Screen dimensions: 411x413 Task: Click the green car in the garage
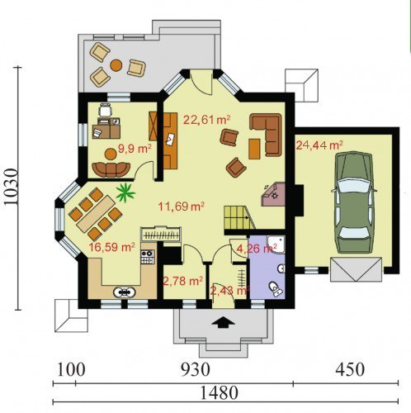[354, 202]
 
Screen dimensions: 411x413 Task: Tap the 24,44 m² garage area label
[319, 145]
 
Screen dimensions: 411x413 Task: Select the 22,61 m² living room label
[206, 120]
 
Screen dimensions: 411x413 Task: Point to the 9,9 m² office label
[135, 149]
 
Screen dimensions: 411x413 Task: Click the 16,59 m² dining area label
[111, 247]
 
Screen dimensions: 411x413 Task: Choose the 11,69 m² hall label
[182, 206]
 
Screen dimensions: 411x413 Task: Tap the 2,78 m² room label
[183, 281]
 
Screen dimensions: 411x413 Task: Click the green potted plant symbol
[125, 192]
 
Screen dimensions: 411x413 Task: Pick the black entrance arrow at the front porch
[223, 322]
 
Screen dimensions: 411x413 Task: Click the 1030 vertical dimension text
[12, 187]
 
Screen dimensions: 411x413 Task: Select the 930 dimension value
[196, 369]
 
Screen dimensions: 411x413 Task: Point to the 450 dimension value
[350, 369]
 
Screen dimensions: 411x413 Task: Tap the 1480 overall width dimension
[219, 393]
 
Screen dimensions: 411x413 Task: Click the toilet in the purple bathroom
[276, 289]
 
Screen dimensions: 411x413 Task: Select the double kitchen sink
[125, 292]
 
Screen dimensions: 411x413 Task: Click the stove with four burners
[148, 257]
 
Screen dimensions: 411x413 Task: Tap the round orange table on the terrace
[116, 65]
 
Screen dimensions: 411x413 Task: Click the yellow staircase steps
[238, 217]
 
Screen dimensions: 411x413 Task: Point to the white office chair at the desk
[106, 111]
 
